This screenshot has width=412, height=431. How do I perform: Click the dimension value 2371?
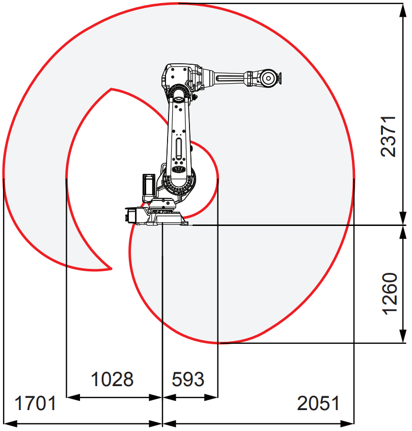[389, 136]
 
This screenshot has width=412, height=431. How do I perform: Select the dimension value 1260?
[390, 294]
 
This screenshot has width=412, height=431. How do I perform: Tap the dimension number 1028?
[112, 379]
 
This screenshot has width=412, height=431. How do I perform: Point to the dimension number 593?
[188, 379]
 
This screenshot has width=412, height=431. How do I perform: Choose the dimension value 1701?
[35, 403]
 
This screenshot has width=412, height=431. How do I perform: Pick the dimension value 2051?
[318, 403]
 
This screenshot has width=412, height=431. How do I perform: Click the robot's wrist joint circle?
[268, 79]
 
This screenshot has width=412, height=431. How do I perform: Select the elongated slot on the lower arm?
[179, 149]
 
